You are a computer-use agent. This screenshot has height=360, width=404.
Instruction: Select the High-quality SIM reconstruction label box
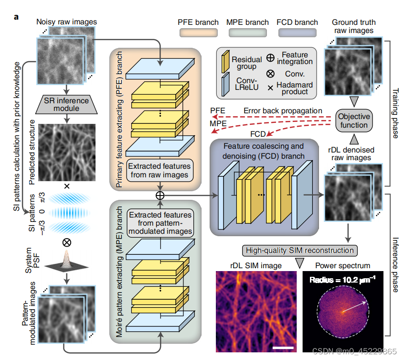click(x=299, y=250)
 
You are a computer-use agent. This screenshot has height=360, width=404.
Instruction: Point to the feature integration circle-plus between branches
click(x=160, y=195)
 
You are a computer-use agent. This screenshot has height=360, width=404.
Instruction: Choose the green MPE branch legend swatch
click(x=247, y=33)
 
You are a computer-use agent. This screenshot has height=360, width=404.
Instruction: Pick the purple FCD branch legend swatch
click(x=297, y=33)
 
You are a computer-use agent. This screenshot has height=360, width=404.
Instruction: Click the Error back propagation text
click(x=283, y=110)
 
